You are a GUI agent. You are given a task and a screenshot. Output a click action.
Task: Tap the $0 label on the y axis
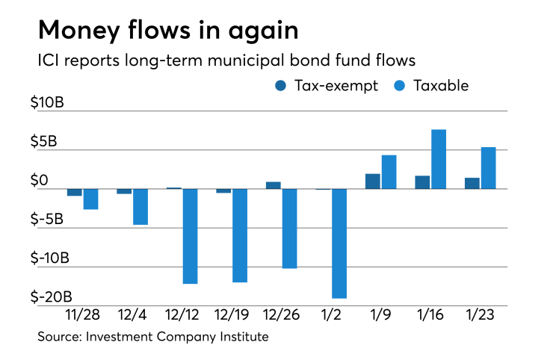pos(60,180)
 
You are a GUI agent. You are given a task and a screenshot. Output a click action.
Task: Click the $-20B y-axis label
pos(55,297)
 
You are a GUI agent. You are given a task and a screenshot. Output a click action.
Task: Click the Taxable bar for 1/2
pos(339,243)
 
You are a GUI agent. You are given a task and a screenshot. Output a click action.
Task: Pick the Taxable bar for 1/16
pos(439,159)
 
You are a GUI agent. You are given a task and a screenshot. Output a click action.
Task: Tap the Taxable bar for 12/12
pos(190,236)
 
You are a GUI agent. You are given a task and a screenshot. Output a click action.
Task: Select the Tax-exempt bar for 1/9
pos(372,181)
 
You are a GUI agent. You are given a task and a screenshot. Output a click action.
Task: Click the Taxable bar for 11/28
pos(90,199)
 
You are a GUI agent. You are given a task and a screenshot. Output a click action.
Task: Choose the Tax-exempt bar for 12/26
pos(273,184)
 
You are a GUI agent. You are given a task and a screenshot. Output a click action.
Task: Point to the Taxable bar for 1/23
pos(488,168)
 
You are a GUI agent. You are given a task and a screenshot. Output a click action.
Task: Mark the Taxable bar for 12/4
pos(140,206)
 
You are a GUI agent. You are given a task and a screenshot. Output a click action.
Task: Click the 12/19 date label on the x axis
pos(232,316)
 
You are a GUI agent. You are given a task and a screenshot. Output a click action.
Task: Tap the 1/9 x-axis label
pos(380,316)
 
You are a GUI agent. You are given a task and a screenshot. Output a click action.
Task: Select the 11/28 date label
pos(83,316)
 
